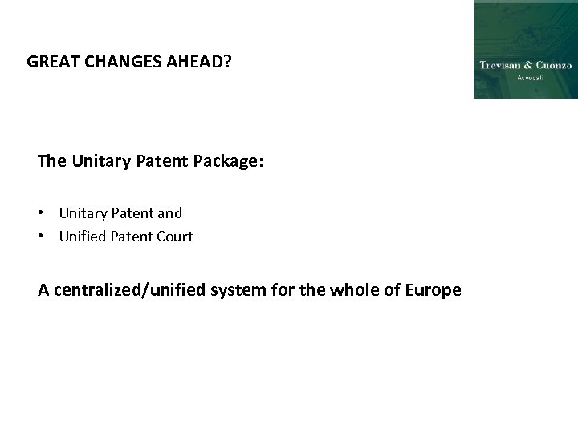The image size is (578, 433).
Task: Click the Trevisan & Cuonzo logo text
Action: click(525, 65)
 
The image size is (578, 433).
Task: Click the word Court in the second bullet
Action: click(174, 237)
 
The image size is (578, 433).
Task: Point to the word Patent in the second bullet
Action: click(130, 237)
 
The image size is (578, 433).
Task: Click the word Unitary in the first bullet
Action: click(83, 213)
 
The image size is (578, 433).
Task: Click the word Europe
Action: click(434, 289)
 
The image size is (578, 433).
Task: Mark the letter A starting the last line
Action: click(43, 289)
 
